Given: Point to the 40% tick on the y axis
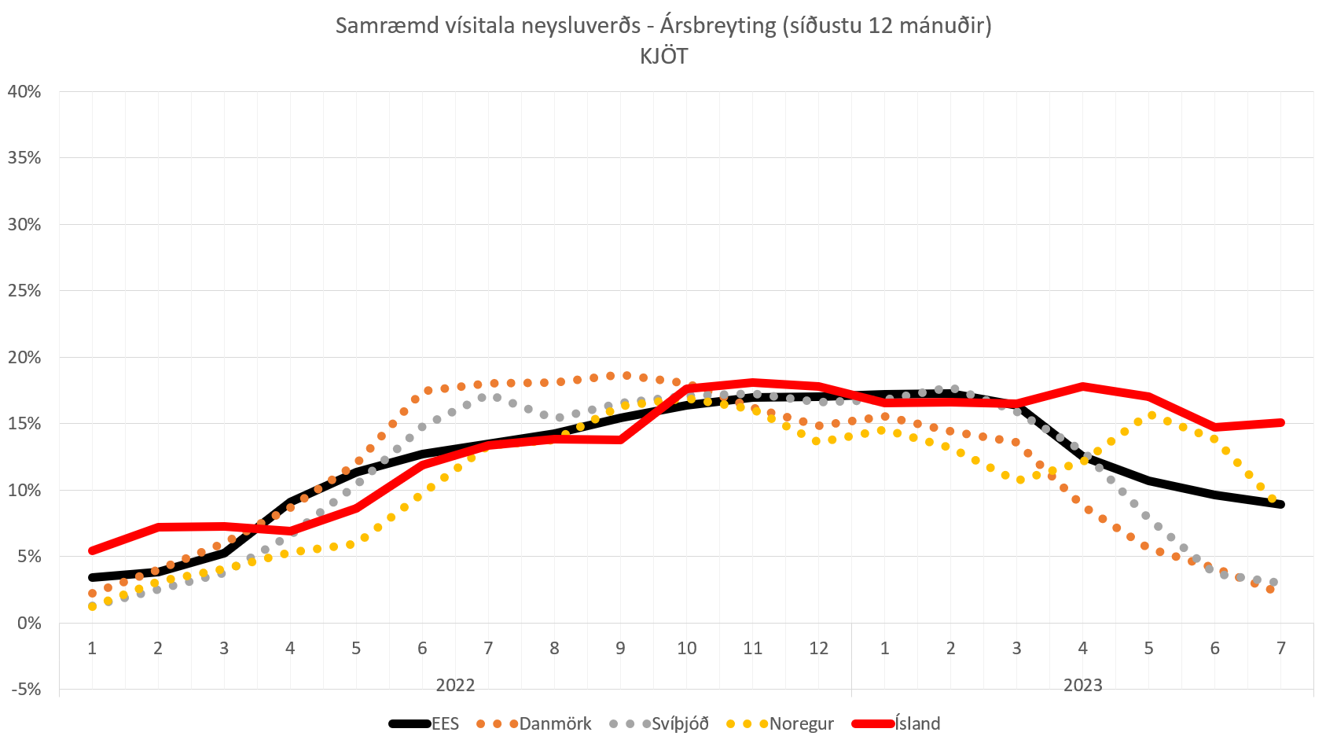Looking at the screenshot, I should coord(24,91).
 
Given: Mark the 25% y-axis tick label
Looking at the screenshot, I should coord(24,291).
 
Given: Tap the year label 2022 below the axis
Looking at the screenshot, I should coord(455,685).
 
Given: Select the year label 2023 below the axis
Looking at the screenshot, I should coord(1082,685).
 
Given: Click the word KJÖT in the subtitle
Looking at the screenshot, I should coord(663,57).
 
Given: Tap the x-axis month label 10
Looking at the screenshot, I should coord(686,648).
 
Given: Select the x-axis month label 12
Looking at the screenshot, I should coord(818,648).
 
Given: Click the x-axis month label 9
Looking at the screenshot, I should coord(620,648).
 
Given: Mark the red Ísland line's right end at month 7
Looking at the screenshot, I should coord(1280,422).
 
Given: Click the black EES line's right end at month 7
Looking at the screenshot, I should coord(1280,504).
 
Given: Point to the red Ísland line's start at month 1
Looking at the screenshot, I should coord(93,550).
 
